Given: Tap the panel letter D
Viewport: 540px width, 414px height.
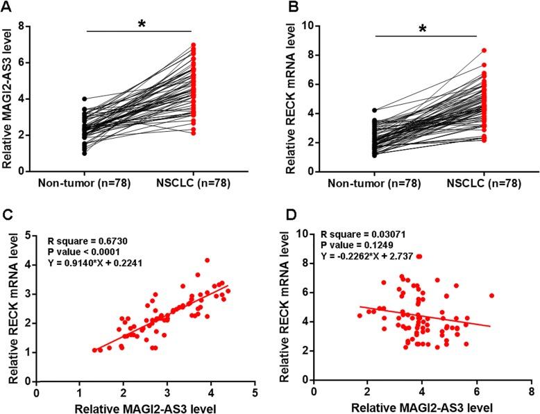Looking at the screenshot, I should (x=283, y=215).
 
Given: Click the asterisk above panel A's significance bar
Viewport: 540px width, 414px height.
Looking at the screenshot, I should (x=142, y=25).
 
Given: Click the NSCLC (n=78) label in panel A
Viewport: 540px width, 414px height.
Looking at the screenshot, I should (x=193, y=186).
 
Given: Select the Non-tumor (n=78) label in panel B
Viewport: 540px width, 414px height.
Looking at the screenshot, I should (x=374, y=186).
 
